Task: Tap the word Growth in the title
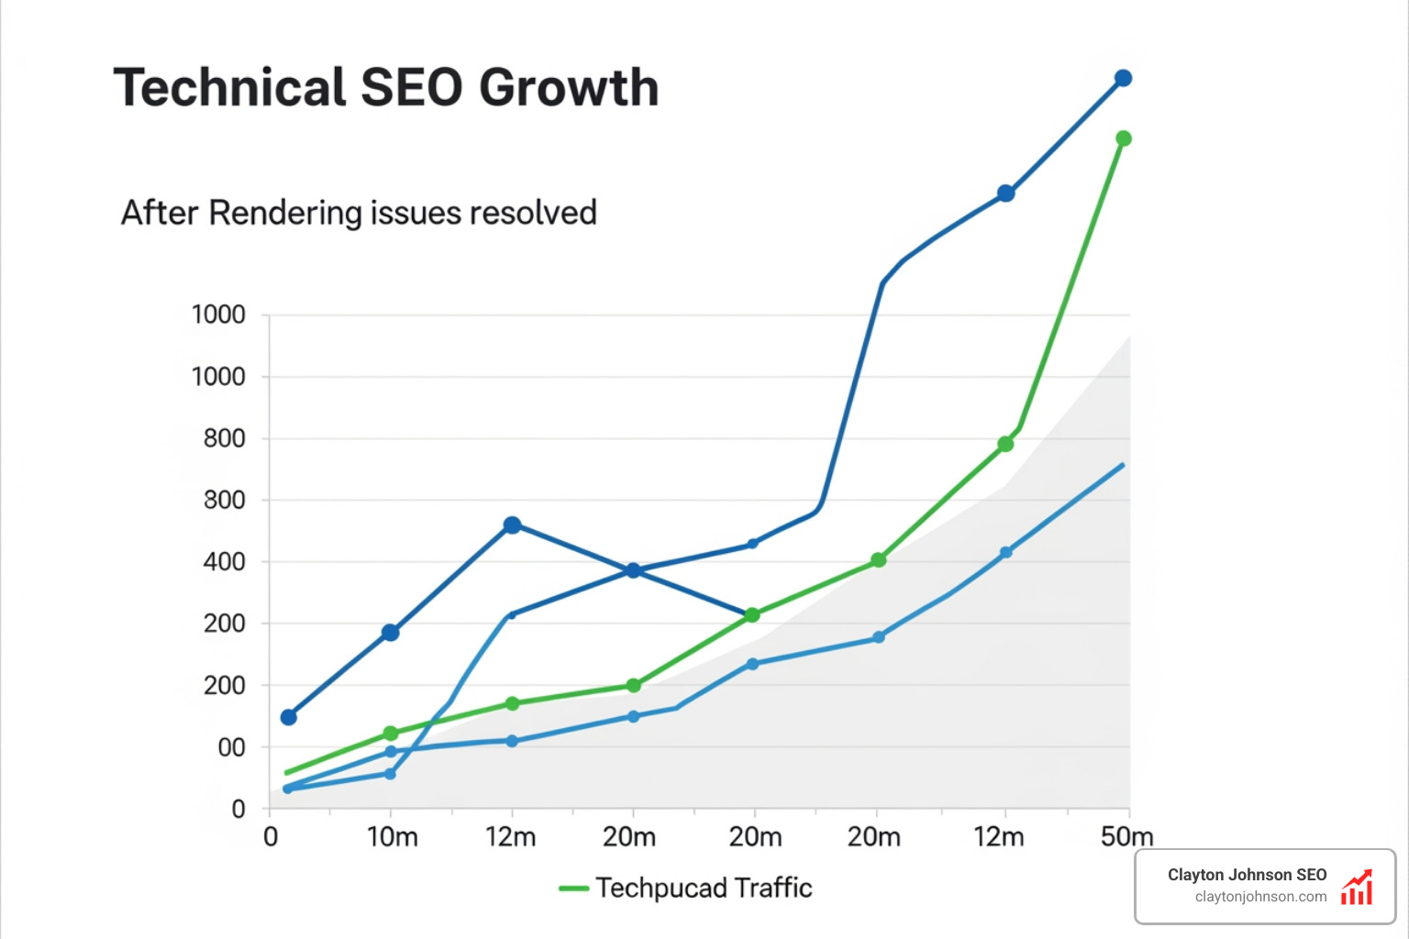(569, 88)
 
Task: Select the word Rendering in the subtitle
(285, 213)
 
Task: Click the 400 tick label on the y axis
(224, 562)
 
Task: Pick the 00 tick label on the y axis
(231, 748)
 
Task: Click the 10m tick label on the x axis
(392, 837)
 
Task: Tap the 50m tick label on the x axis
(1126, 837)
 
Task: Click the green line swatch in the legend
(573, 889)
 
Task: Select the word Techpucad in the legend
(660, 889)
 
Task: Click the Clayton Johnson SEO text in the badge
(1247, 875)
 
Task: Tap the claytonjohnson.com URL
(1260, 897)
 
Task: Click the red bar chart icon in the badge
(1357, 888)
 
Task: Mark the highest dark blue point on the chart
(1123, 79)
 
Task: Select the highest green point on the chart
(1123, 138)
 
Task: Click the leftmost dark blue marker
(288, 717)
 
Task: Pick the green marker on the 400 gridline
(878, 559)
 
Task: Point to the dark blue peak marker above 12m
(512, 525)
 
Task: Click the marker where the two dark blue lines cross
(633, 570)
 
